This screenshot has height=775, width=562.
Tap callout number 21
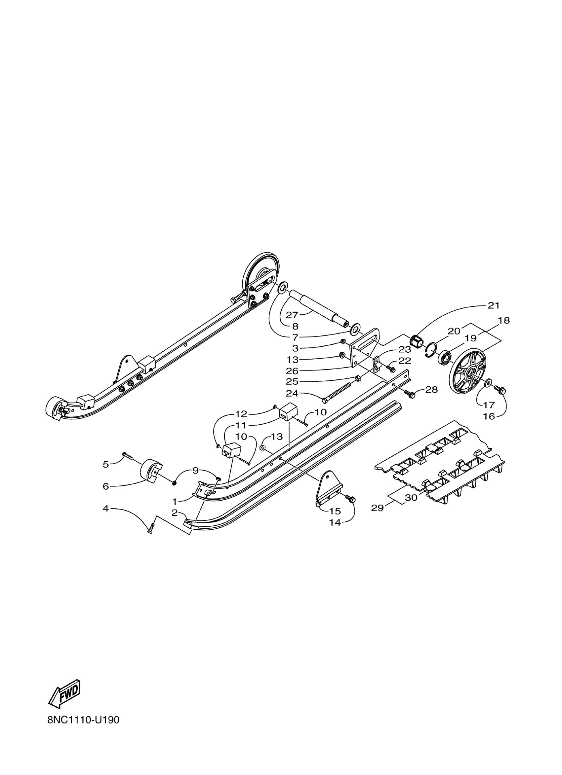point(494,305)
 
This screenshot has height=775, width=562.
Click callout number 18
point(504,321)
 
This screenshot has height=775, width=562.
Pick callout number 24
point(292,393)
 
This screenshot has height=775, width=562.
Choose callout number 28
point(431,390)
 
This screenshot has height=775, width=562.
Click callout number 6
point(106,486)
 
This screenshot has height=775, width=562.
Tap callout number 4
point(106,518)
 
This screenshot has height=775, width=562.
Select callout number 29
point(377,517)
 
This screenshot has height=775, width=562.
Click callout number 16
point(489,416)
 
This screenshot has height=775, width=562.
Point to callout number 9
point(195,471)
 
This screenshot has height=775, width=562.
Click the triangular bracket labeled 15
point(328,486)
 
